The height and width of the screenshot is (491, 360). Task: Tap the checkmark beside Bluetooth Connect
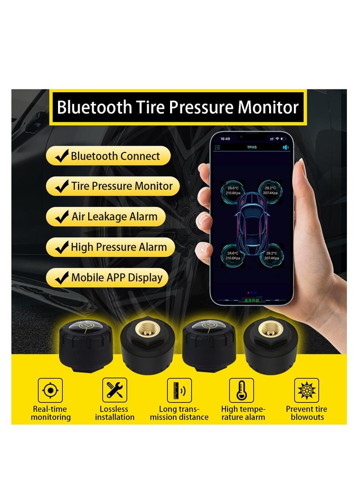pos(62,156)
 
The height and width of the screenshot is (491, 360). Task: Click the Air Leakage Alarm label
pos(114,217)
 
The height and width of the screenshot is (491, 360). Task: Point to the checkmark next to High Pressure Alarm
pos(61,247)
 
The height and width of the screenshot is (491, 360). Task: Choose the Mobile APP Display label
pos(117,277)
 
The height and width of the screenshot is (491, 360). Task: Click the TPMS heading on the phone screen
pos(252,147)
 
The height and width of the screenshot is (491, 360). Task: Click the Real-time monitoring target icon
pos(50,390)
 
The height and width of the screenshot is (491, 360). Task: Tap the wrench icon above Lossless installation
pos(114,390)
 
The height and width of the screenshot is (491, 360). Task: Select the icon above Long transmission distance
pos(179,390)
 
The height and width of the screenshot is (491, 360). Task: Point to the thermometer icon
pos(241,390)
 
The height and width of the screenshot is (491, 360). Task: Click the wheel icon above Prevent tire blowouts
pos(306,390)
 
